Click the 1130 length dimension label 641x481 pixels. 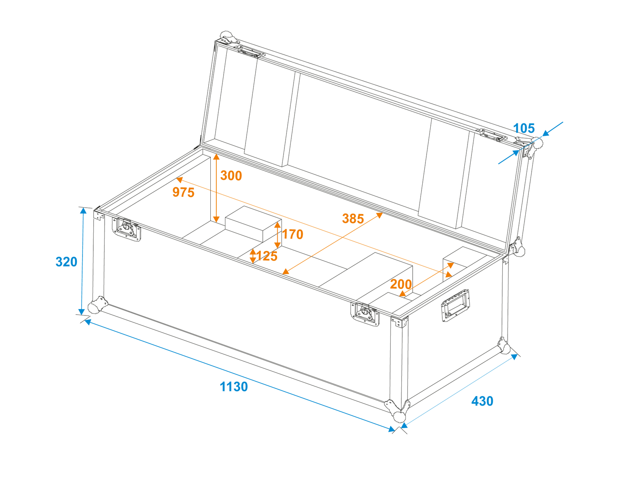(234, 387)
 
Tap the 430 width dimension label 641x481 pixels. (482, 401)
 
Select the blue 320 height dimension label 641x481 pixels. (66, 262)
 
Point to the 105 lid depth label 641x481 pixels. (524, 128)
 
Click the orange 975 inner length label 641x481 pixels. (183, 192)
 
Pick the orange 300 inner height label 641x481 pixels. (231, 176)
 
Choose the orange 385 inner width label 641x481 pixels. (353, 218)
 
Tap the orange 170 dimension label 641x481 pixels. (292, 234)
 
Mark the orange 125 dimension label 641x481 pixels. (267, 256)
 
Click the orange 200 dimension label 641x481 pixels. (401, 284)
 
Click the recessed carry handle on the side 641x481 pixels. (455, 305)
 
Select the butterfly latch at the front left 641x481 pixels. (127, 229)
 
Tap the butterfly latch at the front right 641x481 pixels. (365, 314)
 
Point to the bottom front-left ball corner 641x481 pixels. (97, 305)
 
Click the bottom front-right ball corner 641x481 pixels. (398, 411)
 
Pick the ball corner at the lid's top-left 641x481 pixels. (228, 38)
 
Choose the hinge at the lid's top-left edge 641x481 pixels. (250, 52)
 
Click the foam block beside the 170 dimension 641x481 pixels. (253, 224)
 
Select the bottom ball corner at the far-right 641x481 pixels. (504, 346)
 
